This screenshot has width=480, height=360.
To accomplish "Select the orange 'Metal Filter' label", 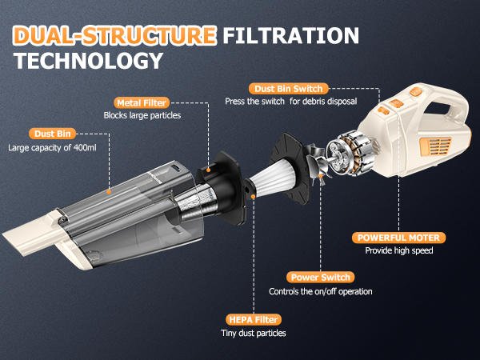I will coord(142,102).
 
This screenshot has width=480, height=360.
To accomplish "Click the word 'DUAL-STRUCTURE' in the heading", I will coord(114,36).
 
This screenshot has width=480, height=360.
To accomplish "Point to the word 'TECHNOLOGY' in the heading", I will coord(88,62).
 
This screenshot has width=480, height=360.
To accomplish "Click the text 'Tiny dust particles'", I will coord(252,333).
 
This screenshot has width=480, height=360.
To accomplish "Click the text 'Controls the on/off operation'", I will coord(320,291).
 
